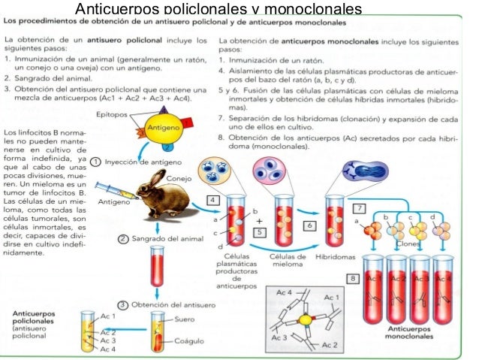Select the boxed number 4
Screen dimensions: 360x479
[x=212, y=201]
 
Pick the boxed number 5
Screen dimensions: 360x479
[x=258, y=233]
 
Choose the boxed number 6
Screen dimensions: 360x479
[x=309, y=225]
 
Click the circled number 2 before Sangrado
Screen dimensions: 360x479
[x=119, y=239]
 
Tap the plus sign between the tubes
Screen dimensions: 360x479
[x=258, y=222]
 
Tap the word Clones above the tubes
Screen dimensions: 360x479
[x=408, y=244]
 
